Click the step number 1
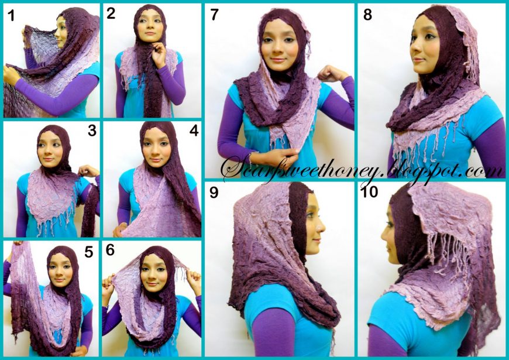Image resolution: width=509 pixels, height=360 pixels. pyautogui.click(x=11, y=15)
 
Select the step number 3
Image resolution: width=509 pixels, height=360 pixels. pyautogui.click(x=91, y=130)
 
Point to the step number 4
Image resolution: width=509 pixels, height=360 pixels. pyautogui.click(x=194, y=131)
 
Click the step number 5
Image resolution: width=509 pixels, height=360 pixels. pyautogui.click(x=89, y=253)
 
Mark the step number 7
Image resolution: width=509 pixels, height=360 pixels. pyautogui.click(x=214, y=15)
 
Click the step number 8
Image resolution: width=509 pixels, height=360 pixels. pyautogui.click(x=367, y=15)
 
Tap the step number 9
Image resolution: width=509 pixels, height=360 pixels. pyautogui.click(x=214, y=191)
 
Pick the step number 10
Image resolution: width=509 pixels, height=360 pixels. pyautogui.click(x=370, y=191)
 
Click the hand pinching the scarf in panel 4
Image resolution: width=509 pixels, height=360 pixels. pyautogui.click(x=121, y=228)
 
